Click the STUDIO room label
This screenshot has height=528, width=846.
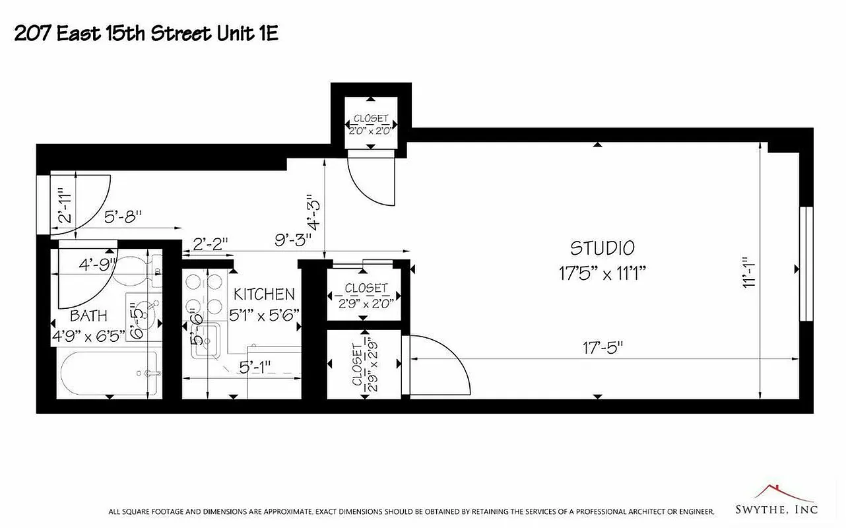pos(602,248)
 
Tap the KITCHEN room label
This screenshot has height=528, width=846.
pos(264,294)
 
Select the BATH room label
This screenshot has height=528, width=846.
pos(89,316)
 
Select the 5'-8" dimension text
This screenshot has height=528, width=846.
pos(123,215)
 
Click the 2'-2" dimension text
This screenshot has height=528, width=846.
pos(211,244)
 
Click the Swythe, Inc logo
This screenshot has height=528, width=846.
pos(776,503)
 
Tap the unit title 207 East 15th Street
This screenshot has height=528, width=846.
pos(146,34)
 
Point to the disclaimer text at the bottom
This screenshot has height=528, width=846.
pos(411,511)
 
